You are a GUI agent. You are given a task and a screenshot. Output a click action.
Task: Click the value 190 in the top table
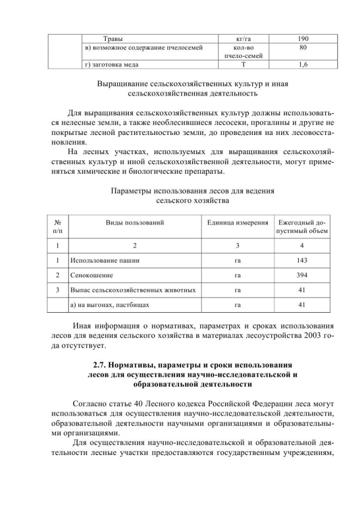[304, 40]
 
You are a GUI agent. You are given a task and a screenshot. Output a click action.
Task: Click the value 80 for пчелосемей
[304, 48]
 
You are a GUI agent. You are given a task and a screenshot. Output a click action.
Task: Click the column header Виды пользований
[135, 223]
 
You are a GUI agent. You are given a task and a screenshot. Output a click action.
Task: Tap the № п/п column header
[57, 227]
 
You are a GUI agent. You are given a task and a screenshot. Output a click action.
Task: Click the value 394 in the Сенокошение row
[302, 276]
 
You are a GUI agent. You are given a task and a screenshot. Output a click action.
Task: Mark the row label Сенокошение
[91, 276]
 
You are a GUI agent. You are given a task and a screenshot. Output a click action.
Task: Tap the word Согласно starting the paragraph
[89, 404]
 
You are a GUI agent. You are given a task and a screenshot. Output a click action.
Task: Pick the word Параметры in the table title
[130, 191]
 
